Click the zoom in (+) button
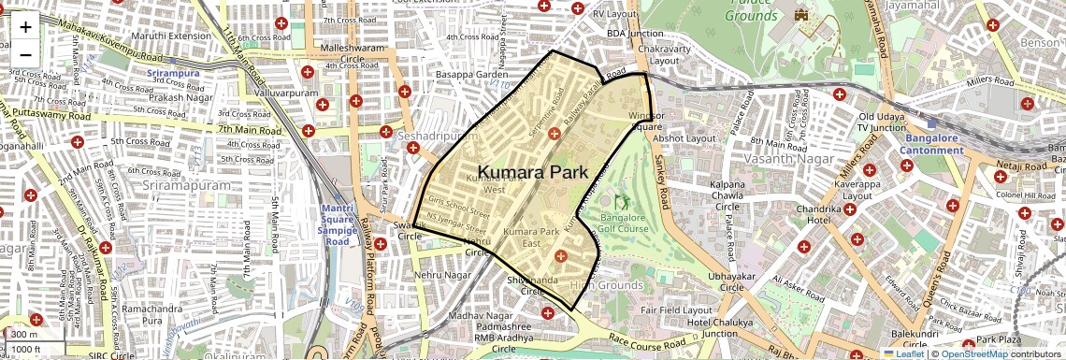click(x=25, y=27)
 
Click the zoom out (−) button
click(x=25, y=54)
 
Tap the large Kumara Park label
click(x=532, y=172)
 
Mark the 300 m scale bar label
click(x=24, y=335)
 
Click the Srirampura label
click(x=173, y=72)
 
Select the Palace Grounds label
click(x=752, y=10)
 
